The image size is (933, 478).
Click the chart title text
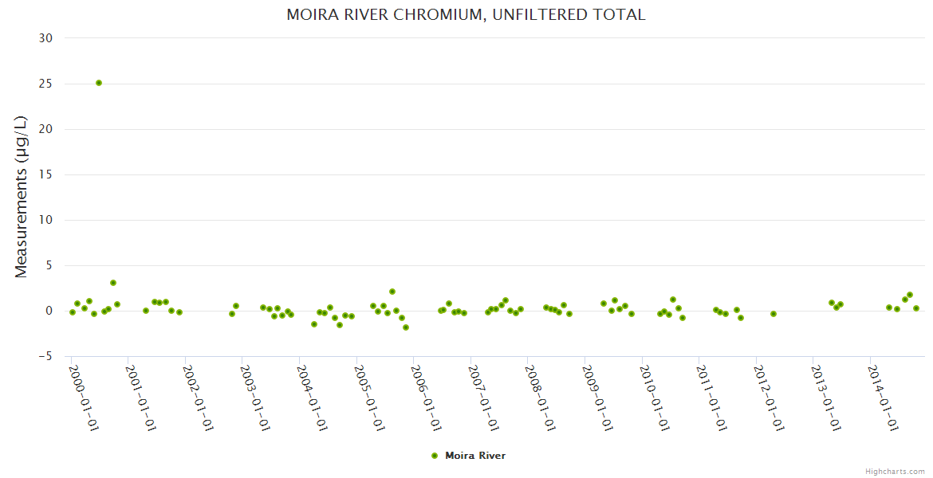coord(466,15)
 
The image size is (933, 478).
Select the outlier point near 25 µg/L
coord(99,83)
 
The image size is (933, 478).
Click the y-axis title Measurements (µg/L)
coord(22,197)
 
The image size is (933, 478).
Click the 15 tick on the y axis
coord(46,174)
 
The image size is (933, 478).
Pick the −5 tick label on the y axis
coord(45,356)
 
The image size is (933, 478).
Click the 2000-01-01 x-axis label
coord(83,398)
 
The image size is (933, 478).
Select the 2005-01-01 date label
coord(368,398)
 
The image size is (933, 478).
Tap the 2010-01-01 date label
coord(654,398)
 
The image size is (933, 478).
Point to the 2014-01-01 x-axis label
coord(882,398)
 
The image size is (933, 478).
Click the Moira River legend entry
coord(468,456)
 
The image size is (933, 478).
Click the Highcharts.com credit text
coord(895,471)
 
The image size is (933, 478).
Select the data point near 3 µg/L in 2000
coord(113,283)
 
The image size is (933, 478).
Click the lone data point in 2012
coord(774,314)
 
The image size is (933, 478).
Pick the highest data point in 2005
coord(392,292)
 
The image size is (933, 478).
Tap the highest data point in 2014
coord(910,295)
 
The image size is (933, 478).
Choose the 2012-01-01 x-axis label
coord(768,398)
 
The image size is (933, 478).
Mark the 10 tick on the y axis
coord(46,220)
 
